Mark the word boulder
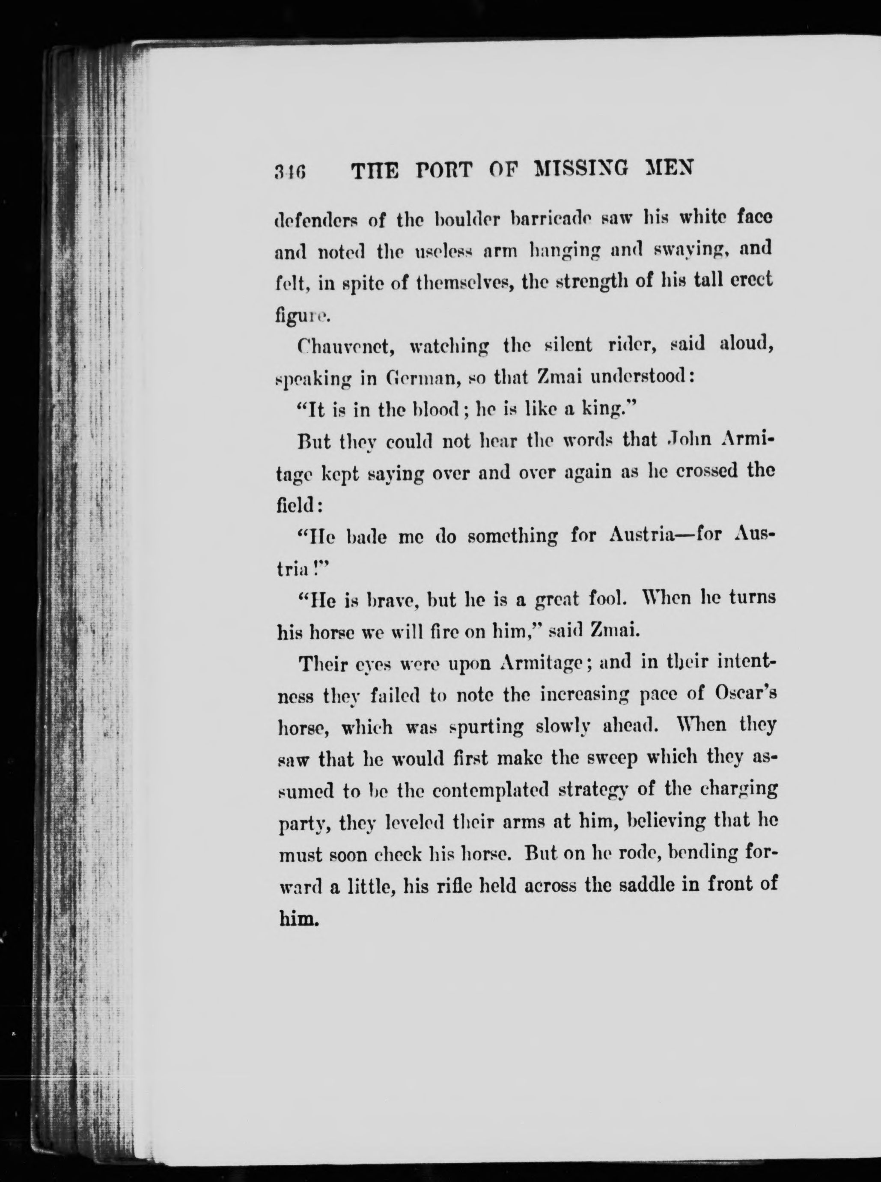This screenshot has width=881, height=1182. [x=465, y=219]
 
